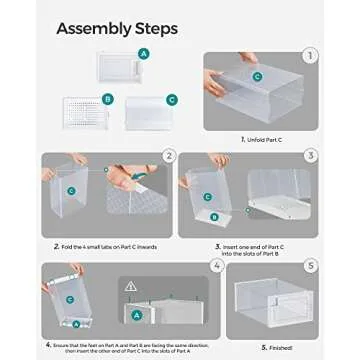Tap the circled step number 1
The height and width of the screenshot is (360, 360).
tap(310, 56)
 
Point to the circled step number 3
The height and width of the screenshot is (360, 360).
tap(311, 155)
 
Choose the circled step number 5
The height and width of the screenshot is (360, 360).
tap(310, 267)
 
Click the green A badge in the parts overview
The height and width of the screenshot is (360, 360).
tap(144, 53)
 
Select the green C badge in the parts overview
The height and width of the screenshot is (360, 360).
tap(172, 100)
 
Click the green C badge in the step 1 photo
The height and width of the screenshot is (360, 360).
tap(257, 76)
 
